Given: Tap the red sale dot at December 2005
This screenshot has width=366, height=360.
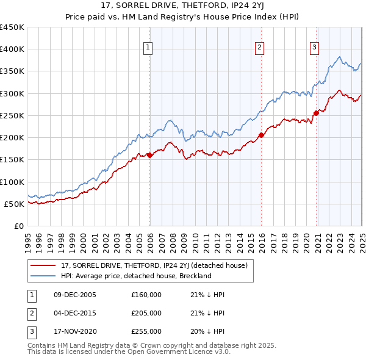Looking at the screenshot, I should point(149,155).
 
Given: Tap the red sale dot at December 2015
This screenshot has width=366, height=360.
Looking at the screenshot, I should point(261,135).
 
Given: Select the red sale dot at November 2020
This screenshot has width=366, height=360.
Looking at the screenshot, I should point(316,113).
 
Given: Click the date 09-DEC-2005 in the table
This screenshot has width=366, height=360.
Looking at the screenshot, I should point(75,295).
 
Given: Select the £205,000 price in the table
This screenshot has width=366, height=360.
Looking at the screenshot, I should point(146,313).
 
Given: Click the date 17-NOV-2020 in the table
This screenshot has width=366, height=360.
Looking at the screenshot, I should point(75,331).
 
